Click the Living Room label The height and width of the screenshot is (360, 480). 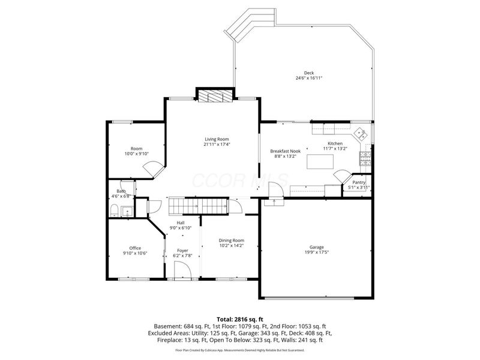pyautogui.click(x=217, y=139)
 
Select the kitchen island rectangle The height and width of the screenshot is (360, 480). pyautogui.click(x=320, y=162)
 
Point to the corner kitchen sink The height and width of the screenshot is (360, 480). pyautogui.click(x=361, y=134)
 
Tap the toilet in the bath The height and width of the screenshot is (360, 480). pyautogui.click(x=114, y=210)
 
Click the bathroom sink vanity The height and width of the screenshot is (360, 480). pyautogui.click(x=127, y=211)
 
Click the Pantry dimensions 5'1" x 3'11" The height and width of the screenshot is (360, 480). pyautogui.click(x=359, y=188)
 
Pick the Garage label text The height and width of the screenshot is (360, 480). pyautogui.click(x=316, y=247)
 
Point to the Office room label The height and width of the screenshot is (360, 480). pyautogui.click(x=135, y=248)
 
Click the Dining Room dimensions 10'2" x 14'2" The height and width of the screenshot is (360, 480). pyautogui.click(x=231, y=245)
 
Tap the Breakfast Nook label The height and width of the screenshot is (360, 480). pyautogui.click(x=285, y=151)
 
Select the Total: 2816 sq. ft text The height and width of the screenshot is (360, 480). pyautogui.click(x=240, y=319)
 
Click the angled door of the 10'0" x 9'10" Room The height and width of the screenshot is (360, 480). pyautogui.click(x=152, y=171)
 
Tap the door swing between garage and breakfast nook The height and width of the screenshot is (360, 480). pyautogui.click(x=274, y=193)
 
